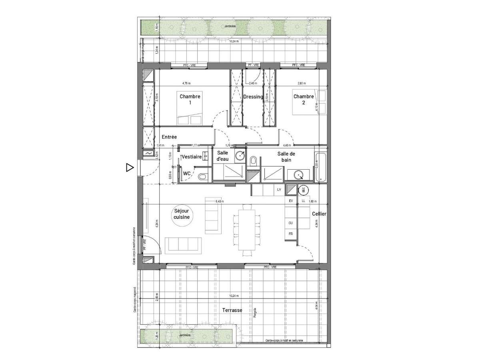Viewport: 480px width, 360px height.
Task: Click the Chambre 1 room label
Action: pyautogui.click(x=190, y=99)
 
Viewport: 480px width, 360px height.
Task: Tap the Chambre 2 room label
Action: pyautogui.click(x=304, y=99)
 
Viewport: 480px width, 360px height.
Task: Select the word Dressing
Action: pyautogui.click(x=253, y=97)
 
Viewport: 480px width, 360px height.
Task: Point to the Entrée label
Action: pyautogui.click(x=170, y=137)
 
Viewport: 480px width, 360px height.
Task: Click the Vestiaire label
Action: pyautogui.click(x=191, y=158)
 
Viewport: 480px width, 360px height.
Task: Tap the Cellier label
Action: pyautogui.click(x=320, y=214)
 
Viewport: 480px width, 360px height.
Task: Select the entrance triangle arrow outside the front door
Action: pyautogui.click(x=129, y=168)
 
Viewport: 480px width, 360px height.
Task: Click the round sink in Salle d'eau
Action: pyautogui.click(x=240, y=156)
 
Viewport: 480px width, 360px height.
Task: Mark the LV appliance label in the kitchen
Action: pyautogui.click(x=279, y=190)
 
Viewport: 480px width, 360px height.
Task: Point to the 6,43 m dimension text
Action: pyautogui.click(x=220, y=202)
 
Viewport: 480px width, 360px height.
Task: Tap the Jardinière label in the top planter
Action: pyautogui.click(x=230, y=26)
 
